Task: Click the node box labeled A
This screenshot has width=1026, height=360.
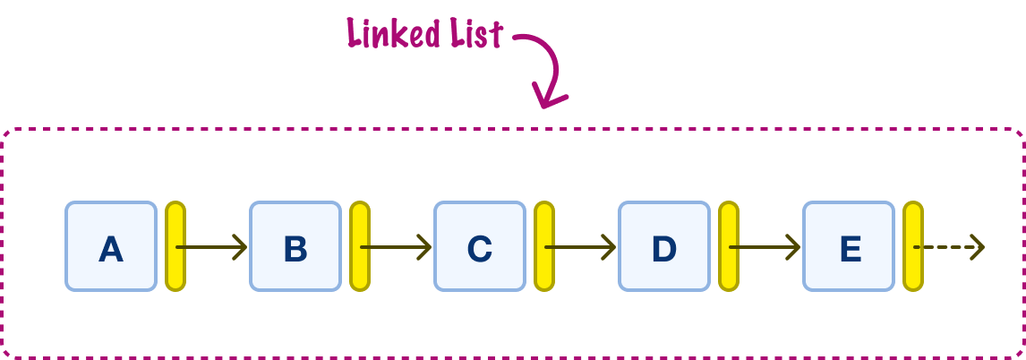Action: pyautogui.click(x=111, y=246)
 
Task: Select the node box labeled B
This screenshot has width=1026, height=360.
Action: pyautogui.click(x=295, y=246)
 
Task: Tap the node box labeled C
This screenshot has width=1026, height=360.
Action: pyautogui.click(x=480, y=246)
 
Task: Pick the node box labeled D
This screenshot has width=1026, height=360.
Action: pyautogui.click(x=665, y=246)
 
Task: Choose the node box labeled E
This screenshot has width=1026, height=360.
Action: pyautogui.click(x=850, y=246)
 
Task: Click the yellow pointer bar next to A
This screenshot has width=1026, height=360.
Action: pyautogui.click(x=175, y=246)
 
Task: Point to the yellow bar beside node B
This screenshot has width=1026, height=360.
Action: pyautogui.click(x=360, y=246)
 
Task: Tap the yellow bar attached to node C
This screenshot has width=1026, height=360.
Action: pyautogui.click(x=544, y=246)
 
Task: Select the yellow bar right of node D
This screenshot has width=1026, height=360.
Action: pyautogui.click(x=729, y=246)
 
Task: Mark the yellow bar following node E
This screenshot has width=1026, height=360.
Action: pyautogui.click(x=913, y=246)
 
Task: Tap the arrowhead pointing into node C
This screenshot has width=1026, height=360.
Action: pyautogui.click(x=425, y=247)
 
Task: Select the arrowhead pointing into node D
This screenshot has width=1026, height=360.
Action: pyautogui.click(x=610, y=247)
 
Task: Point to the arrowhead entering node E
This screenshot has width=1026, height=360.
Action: pyautogui.click(x=794, y=247)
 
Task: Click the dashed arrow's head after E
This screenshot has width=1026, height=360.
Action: pyautogui.click(x=979, y=247)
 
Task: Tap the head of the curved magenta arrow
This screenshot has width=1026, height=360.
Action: pyautogui.click(x=548, y=96)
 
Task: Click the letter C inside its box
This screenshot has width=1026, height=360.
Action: pyautogui.click(x=480, y=249)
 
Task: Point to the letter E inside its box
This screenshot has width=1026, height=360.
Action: pyautogui.click(x=850, y=249)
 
